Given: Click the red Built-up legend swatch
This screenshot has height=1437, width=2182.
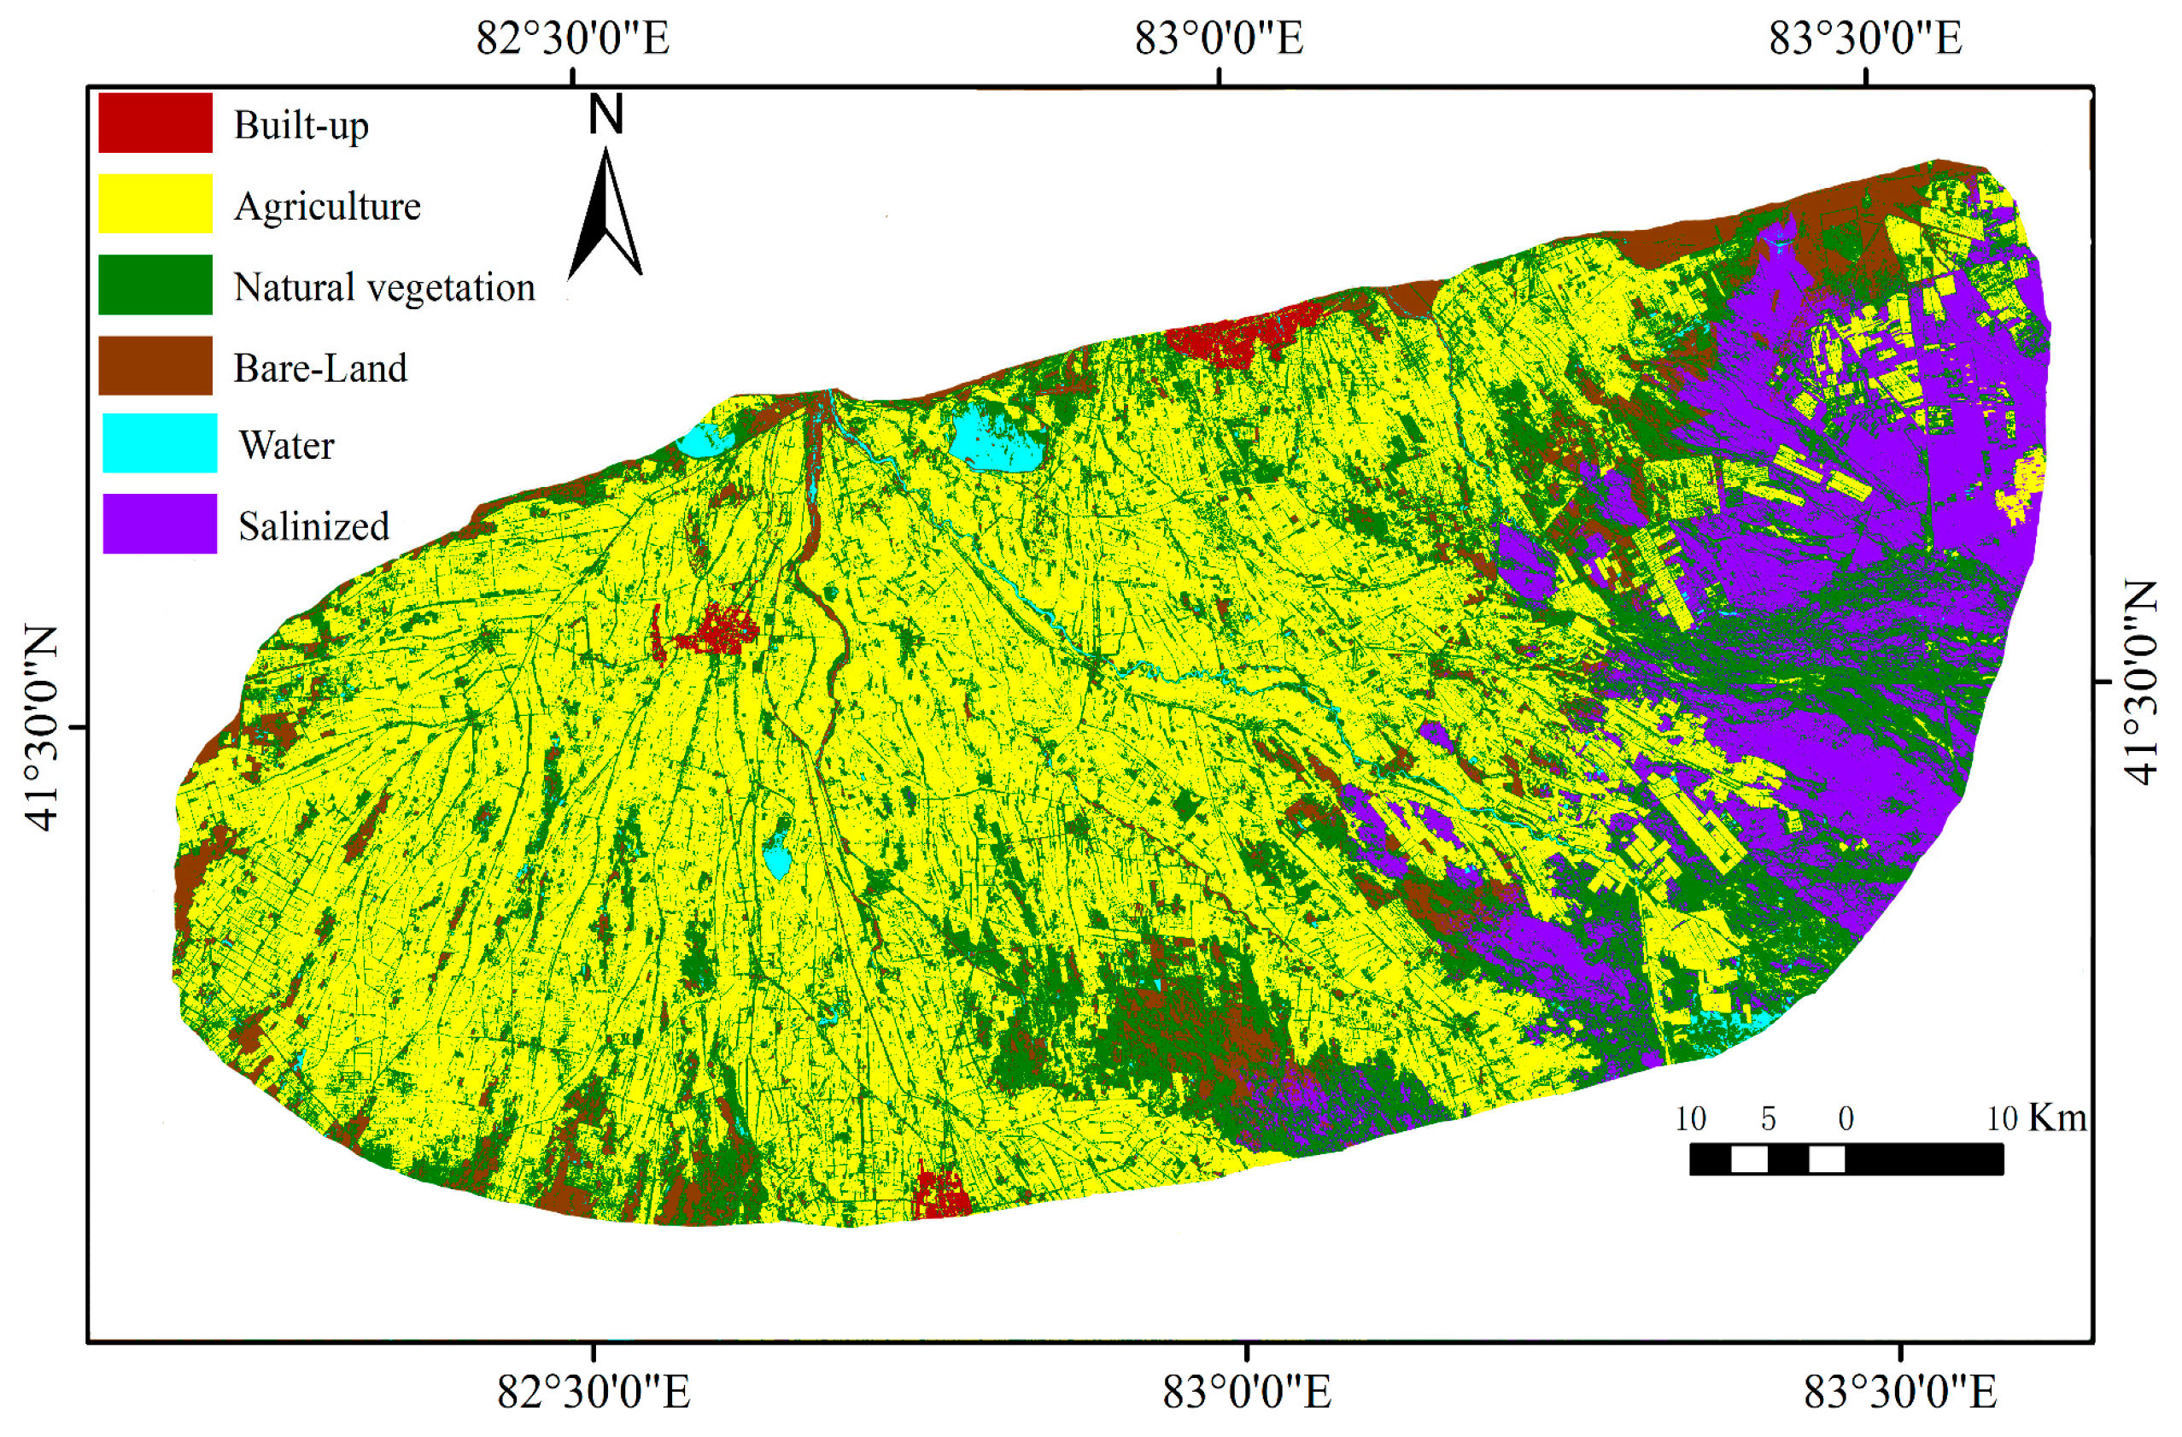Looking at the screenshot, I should pyautogui.click(x=155, y=122).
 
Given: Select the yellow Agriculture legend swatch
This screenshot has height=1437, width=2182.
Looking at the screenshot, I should pyautogui.click(x=155, y=202).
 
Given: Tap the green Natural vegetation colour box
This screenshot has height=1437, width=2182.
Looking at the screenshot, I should pyautogui.click(x=155, y=284).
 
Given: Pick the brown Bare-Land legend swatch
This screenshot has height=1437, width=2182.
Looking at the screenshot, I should pyautogui.click(x=155, y=365).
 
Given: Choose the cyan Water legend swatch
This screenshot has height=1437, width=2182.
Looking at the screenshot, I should pyautogui.click(x=160, y=443).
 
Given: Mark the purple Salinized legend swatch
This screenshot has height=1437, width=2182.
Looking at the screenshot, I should pyautogui.click(x=160, y=524).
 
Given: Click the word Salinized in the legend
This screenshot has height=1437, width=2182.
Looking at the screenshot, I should pyautogui.click(x=313, y=526).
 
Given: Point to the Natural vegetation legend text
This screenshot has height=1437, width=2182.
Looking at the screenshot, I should pyautogui.click(x=383, y=287).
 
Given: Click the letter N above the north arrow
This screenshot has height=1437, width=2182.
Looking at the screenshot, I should pyautogui.click(x=605, y=115).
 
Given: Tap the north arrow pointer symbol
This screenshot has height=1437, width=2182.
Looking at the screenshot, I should pyautogui.click(x=605, y=215).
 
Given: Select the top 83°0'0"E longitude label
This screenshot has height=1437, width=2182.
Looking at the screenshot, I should pyautogui.click(x=1219, y=38).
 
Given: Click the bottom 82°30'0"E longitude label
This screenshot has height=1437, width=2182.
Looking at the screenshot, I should pyautogui.click(x=594, y=1392).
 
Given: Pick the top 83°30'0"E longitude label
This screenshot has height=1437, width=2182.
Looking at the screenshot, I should pyautogui.click(x=1865, y=38).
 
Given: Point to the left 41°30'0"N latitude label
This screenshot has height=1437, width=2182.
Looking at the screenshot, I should pyautogui.click(x=41, y=727).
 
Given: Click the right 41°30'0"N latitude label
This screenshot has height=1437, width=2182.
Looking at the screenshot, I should pyautogui.click(x=2142, y=683).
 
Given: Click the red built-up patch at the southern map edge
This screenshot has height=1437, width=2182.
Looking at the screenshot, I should pyautogui.click(x=942, y=1195).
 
